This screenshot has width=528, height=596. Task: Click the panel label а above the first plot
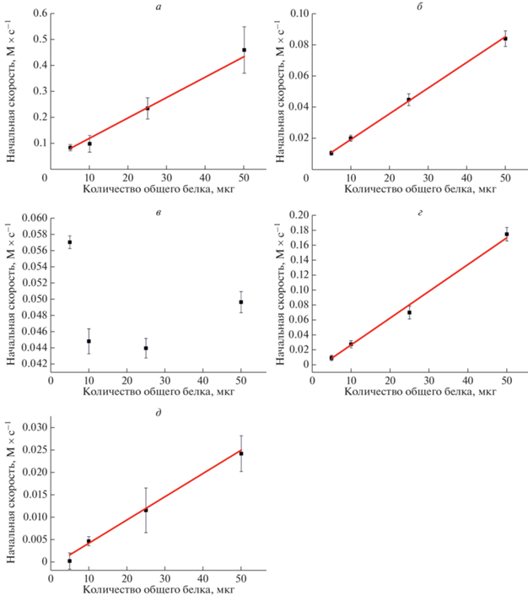[x=148, y=7]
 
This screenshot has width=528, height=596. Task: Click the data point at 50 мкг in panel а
[x=244, y=50]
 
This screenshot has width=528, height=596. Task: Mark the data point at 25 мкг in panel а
[x=148, y=108]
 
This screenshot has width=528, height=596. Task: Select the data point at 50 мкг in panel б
[x=505, y=38]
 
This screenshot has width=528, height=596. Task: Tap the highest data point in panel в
[x=70, y=242]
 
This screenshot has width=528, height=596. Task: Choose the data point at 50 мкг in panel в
[x=241, y=302]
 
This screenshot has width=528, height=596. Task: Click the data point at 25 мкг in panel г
[x=409, y=312]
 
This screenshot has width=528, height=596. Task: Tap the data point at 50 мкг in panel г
[x=507, y=234]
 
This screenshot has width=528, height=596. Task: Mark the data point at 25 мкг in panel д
[x=146, y=510]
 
